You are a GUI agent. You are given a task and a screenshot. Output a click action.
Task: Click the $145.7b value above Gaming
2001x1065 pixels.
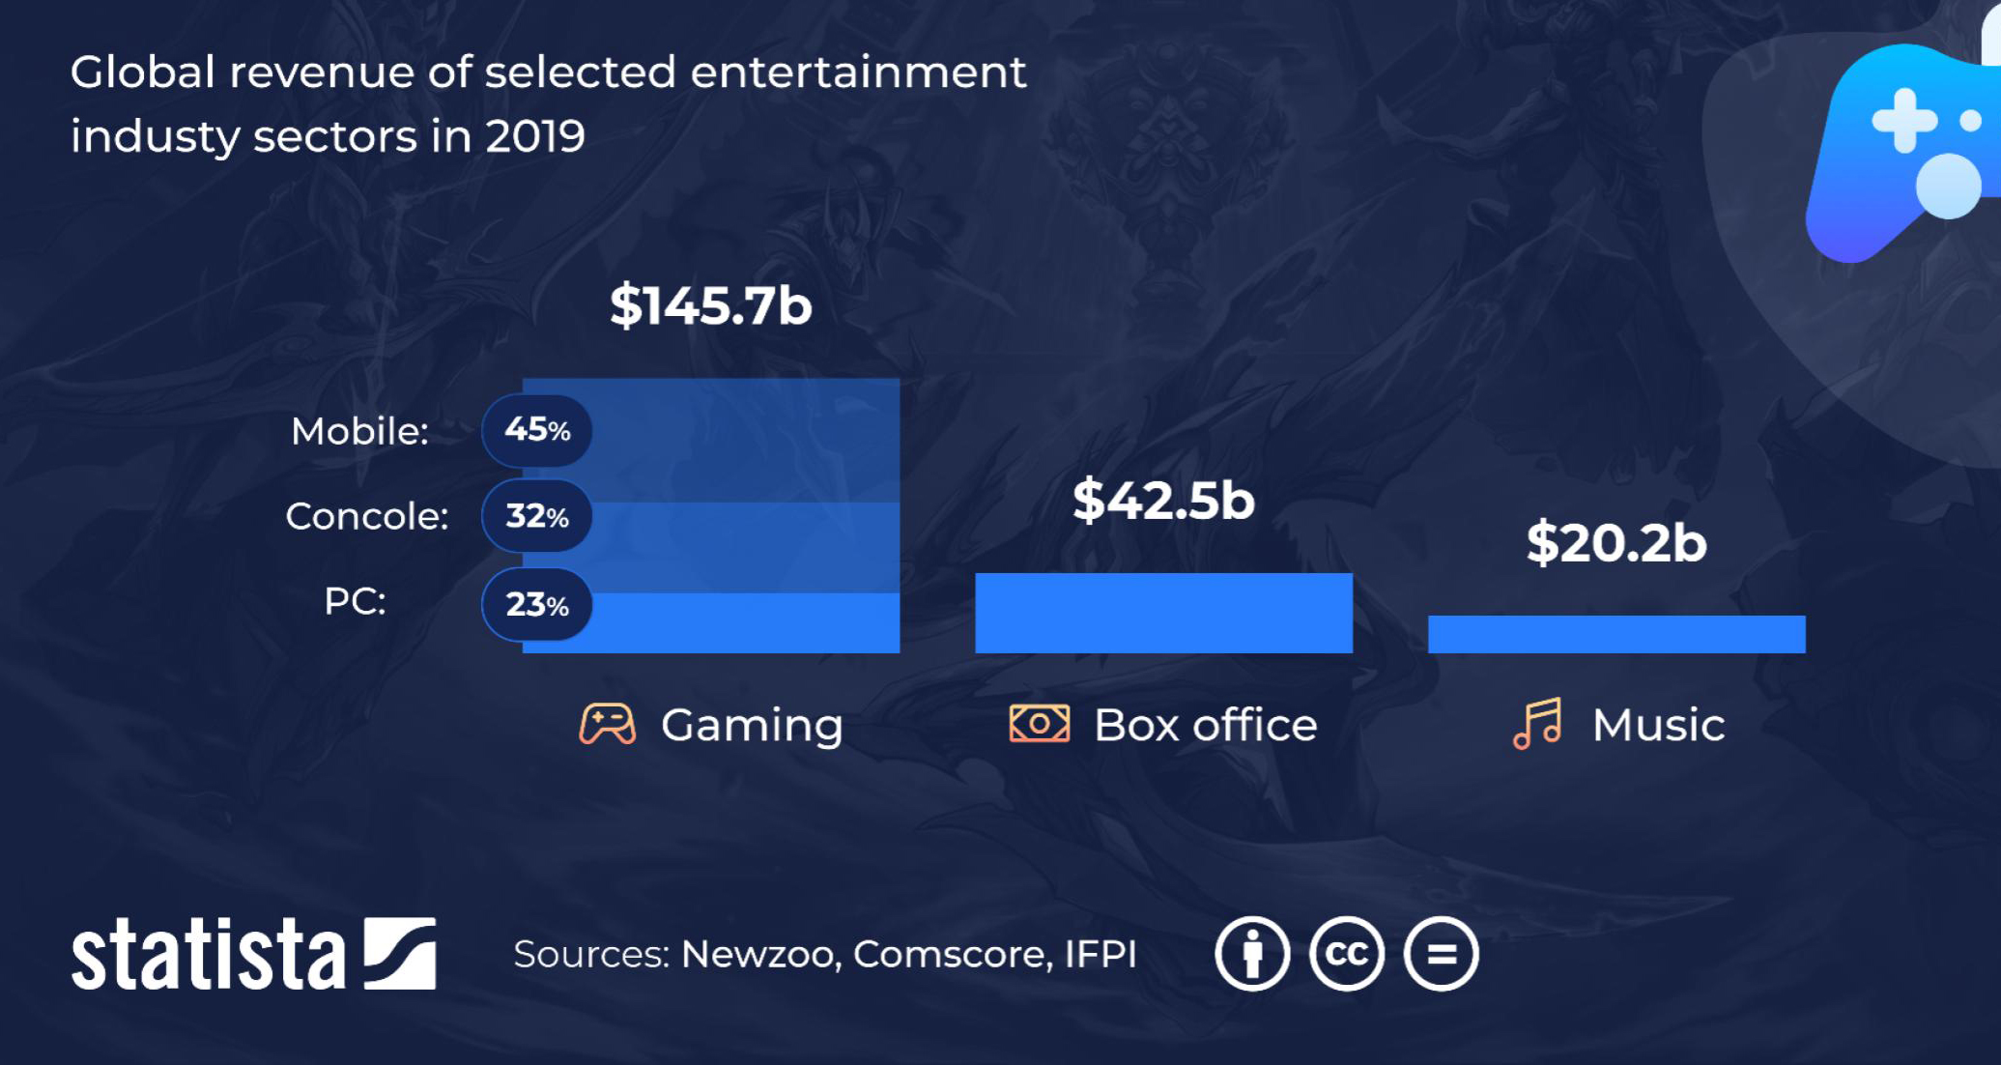(710, 305)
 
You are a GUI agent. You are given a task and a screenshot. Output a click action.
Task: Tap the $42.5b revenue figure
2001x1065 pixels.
(1163, 500)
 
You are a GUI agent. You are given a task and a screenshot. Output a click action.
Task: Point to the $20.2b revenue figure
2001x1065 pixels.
(1616, 542)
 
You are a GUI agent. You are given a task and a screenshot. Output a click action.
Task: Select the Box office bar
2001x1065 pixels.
(1163, 613)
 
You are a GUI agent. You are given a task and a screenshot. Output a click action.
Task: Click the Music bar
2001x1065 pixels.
(1616, 634)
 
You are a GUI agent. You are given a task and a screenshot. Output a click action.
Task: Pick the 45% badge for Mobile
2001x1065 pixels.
(537, 430)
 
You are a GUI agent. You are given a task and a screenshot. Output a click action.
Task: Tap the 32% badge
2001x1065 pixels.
(537, 516)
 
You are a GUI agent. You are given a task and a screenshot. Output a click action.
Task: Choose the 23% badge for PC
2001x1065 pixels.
(537, 605)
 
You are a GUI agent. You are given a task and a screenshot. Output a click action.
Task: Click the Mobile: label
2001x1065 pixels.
(359, 431)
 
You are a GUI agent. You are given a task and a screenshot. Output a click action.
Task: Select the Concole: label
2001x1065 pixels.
(367, 516)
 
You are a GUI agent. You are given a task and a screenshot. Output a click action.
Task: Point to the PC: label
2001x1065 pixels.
(355, 601)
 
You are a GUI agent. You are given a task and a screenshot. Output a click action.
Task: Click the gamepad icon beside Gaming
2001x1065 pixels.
(607, 724)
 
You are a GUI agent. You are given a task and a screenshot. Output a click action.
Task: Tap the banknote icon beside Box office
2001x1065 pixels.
(1039, 724)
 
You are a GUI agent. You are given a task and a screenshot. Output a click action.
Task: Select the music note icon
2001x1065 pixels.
(1537, 724)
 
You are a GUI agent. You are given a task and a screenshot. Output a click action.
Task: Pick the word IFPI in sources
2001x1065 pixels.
(1101, 955)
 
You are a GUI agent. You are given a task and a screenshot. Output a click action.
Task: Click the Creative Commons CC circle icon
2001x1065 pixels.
(1346, 955)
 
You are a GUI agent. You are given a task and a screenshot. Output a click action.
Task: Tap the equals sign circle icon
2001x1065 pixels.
(1441, 955)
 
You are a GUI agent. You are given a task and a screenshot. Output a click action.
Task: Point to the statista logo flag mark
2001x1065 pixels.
(400, 954)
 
